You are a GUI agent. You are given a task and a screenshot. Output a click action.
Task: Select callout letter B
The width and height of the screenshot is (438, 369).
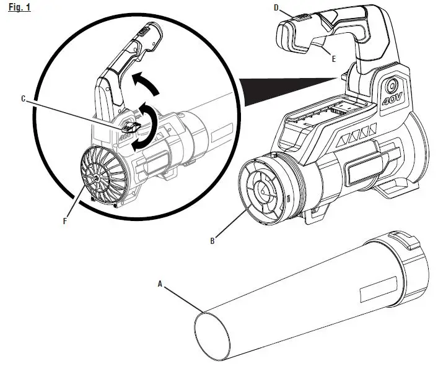tap(212, 241)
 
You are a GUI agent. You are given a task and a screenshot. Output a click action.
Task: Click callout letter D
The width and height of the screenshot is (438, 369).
tap(276, 7)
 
